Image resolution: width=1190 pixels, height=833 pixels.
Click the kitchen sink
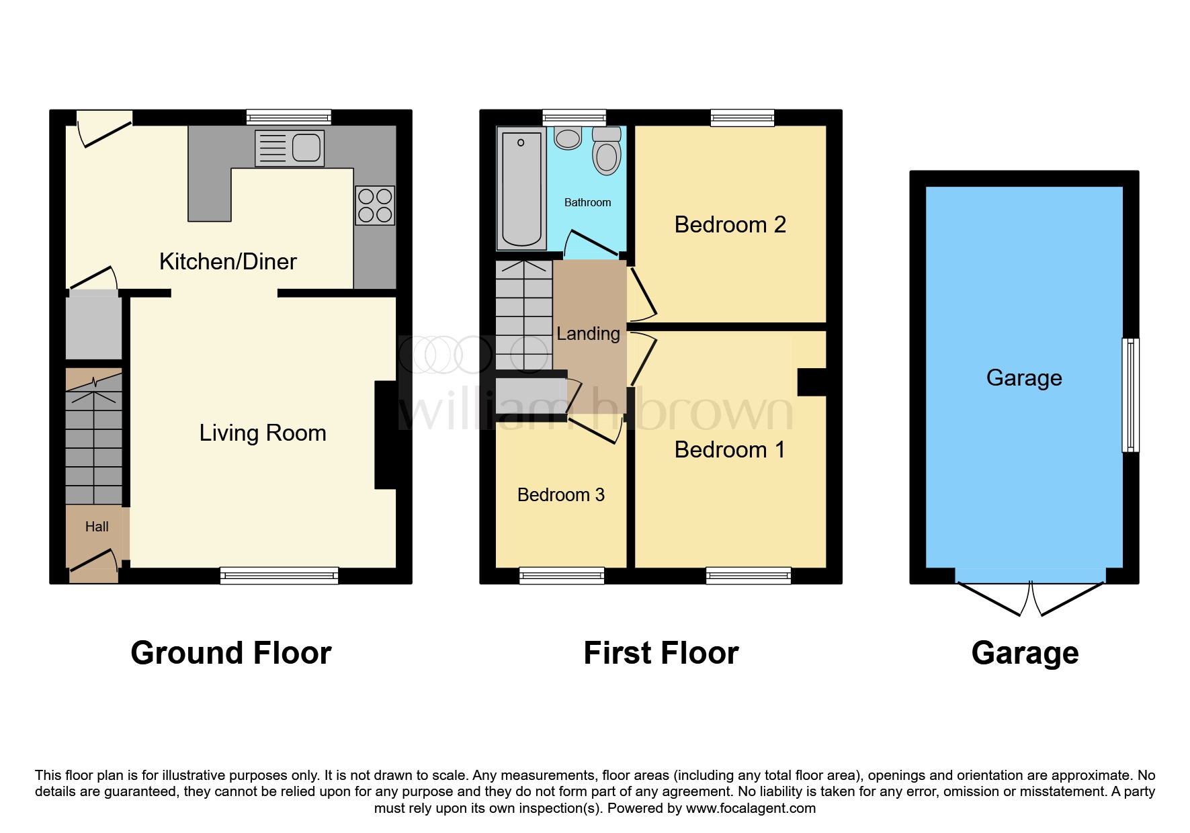(x=290, y=148)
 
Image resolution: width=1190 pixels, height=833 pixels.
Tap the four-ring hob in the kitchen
(x=375, y=206)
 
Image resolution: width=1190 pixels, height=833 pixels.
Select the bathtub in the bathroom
(x=521, y=189)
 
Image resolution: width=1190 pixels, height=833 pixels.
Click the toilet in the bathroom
(x=607, y=150)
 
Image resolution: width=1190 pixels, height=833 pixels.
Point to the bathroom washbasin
(x=568, y=138)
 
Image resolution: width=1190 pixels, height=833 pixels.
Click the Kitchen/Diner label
(x=228, y=261)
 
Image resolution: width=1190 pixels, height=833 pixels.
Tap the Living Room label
(x=263, y=433)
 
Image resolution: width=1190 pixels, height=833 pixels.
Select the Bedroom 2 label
(x=730, y=224)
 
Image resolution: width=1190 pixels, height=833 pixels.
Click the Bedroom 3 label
(x=561, y=495)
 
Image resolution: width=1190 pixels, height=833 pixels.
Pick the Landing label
(x=589, y=334)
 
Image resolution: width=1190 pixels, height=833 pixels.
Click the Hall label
(x=97, y=527)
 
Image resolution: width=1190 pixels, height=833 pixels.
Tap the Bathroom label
(x=588, y=202)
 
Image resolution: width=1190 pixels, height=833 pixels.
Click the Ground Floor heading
(x=231, y=653)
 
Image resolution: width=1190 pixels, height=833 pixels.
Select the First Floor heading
(x=661, y=653)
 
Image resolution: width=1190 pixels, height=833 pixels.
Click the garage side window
(x=1131, y=394)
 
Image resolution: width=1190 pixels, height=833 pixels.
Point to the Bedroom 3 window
(x=562, y=576)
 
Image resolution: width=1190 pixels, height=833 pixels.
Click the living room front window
(x=279, y=576)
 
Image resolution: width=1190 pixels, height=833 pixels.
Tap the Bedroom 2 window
(x=742, y=118)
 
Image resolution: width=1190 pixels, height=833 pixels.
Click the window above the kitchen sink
(x=289, y=118)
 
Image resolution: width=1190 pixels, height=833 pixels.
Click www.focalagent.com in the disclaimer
(x=751, y=808)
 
